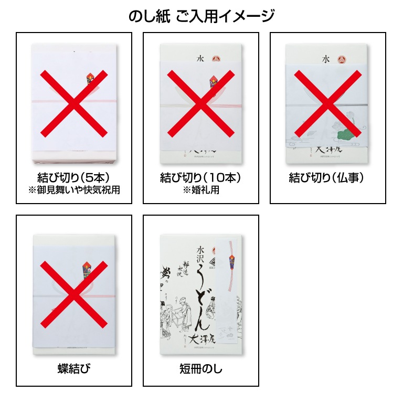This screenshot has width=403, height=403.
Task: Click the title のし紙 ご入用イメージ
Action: coord(201,16)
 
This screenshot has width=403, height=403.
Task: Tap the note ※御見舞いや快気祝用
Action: coord(75,190)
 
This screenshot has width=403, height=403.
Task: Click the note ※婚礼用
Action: coord(201,190)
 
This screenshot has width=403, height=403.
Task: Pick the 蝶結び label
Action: coord(75,368)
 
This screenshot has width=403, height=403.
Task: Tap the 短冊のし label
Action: coord(201,368)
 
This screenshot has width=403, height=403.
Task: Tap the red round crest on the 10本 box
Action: coord(216,59)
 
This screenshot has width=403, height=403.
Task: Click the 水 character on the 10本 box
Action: coord(185,59)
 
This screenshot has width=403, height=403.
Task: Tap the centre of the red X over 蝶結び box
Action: coord(74,295)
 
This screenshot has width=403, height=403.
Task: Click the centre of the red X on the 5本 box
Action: coord(74,103)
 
